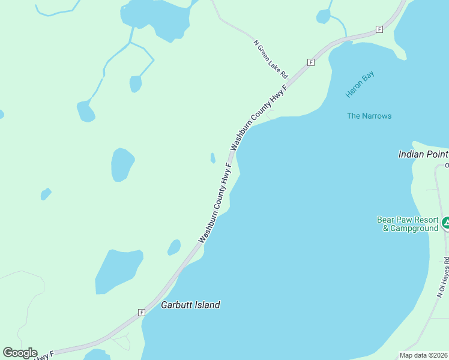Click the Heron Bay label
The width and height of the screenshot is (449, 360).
point(360,85)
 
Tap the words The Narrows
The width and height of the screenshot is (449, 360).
point(369,116)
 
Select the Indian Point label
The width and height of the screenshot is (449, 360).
point(423,154)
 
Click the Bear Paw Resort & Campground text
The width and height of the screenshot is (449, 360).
point(407,224)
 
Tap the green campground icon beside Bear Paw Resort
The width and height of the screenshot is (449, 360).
point(445,224)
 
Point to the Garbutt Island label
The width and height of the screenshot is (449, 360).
point(190,305)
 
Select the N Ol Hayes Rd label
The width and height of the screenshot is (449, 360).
point(442,278)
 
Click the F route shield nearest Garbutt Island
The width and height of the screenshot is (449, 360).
point(142,312)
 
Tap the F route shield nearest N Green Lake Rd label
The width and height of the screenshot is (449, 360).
point(310,62)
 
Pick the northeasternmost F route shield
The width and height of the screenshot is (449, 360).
point(379,29)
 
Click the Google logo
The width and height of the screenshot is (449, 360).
point(20,353)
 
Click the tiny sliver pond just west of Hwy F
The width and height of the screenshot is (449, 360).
point(212,158)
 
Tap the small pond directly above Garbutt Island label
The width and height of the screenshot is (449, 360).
point(174,247)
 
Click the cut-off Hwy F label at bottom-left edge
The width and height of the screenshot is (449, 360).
point(43,356)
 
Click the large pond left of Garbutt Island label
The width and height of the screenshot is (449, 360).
point(118,271)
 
